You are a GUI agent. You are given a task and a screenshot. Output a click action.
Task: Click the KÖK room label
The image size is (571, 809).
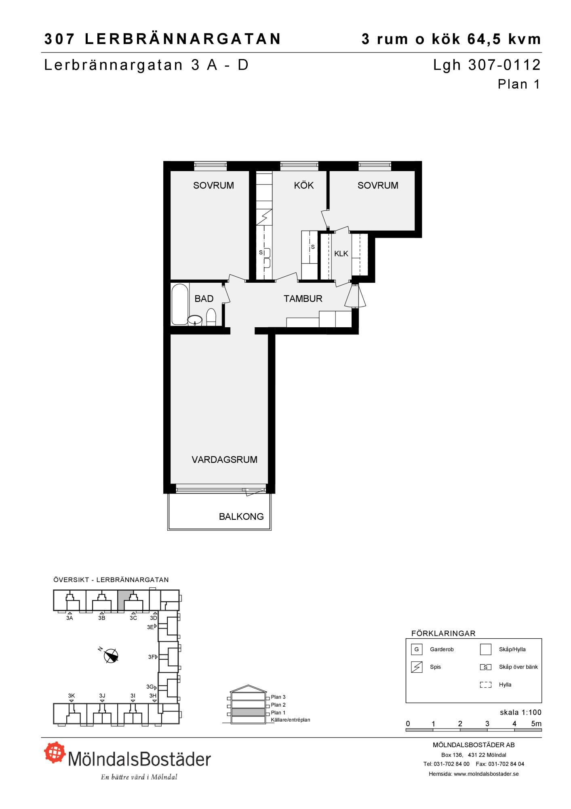304,185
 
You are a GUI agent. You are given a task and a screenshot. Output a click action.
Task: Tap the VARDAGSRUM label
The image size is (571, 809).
224,460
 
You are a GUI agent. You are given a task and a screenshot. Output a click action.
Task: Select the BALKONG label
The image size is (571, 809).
241,517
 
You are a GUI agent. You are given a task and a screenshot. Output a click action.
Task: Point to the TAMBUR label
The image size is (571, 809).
303,299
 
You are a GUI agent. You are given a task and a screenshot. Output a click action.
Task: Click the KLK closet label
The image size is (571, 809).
341,254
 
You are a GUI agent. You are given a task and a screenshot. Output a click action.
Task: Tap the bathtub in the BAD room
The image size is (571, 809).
180,305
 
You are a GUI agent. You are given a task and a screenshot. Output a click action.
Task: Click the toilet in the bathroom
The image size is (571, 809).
211,317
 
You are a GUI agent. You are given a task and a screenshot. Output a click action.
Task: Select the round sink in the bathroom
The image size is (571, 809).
195,320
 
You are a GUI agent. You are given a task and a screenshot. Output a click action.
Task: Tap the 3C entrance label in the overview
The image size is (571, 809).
133,618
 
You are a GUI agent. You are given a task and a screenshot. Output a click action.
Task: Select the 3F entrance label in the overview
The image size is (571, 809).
152,657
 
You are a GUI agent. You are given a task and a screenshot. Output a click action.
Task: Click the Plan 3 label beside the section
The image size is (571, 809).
278,697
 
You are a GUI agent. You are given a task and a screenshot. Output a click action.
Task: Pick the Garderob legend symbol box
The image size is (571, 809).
416,650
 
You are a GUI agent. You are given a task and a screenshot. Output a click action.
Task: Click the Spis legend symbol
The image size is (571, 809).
416,667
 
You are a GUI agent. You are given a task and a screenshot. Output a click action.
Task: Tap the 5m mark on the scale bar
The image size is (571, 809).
536,724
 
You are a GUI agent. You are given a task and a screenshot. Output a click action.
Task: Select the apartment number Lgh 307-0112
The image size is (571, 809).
487,65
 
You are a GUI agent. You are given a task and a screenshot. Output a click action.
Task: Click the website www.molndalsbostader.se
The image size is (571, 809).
486,774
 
